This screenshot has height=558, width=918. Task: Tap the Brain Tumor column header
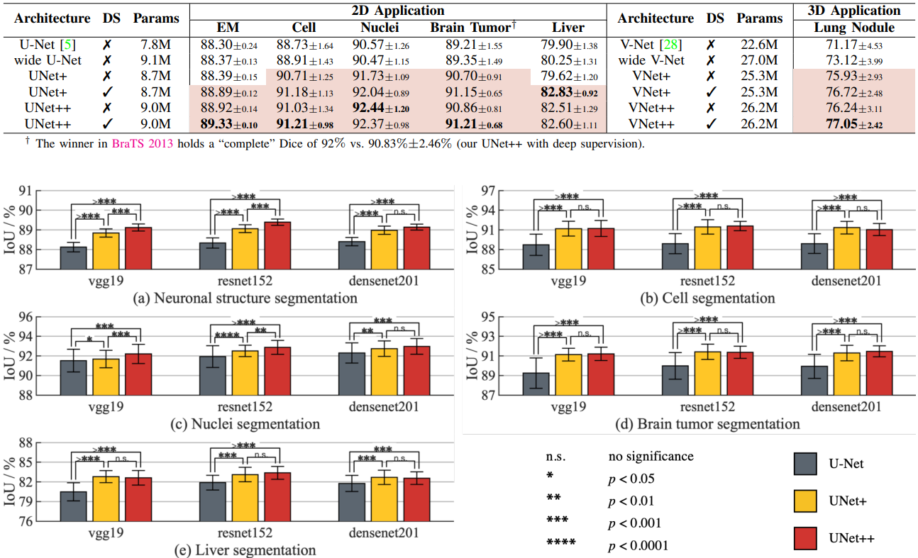pos(470,28)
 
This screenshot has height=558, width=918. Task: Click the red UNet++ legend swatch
pos(807,538)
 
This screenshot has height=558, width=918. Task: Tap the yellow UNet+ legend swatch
pos(807,501)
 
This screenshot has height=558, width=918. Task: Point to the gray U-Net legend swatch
pos(807,465)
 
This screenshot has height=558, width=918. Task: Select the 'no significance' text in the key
pos(651,457)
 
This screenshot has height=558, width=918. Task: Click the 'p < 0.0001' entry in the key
pos(638,545)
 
